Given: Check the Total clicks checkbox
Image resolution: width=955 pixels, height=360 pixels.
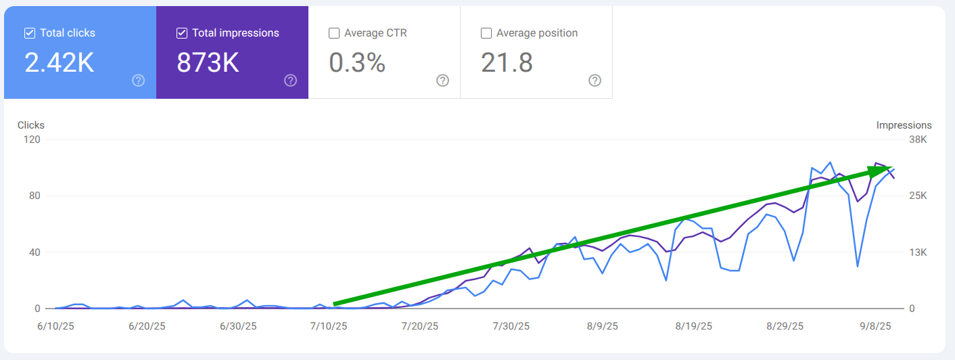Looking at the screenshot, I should [x=30, y=33].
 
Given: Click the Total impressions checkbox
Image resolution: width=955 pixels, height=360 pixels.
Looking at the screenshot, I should [x=182, y=33].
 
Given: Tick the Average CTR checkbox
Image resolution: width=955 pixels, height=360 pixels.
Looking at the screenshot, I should [x=334, y=33].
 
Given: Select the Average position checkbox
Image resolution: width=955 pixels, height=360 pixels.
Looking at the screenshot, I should [x=486, y=33].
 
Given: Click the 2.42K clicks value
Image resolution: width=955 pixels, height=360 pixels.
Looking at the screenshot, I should [x=60, y=63].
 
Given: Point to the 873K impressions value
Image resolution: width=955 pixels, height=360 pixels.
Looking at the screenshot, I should [x=208, y=63].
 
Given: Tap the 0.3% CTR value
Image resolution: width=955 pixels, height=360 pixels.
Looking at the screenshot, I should [x=357, y=63].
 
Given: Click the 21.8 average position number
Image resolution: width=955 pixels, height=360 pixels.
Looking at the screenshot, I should [x=507, y=63].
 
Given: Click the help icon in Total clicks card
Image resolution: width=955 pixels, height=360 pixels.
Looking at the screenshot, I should [x=139, y=81].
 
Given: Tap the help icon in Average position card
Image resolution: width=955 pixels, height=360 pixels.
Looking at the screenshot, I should [x=595, y=81].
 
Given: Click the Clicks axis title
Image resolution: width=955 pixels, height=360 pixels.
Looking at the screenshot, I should [x=31, y=125].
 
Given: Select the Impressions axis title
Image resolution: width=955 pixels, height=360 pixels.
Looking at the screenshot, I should [x=904, y=125].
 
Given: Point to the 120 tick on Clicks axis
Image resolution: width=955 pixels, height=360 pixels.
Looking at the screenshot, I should [x=32, y=139].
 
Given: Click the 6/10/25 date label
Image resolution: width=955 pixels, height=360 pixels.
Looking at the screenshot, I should [x=55, y=326].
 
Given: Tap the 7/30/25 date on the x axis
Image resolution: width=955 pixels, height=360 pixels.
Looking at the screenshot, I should [x=511, y=326].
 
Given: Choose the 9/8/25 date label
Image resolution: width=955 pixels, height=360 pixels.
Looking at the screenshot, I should [x=876, y=326].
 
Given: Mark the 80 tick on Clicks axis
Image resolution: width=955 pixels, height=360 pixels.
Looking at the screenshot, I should [x=35, y=196].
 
